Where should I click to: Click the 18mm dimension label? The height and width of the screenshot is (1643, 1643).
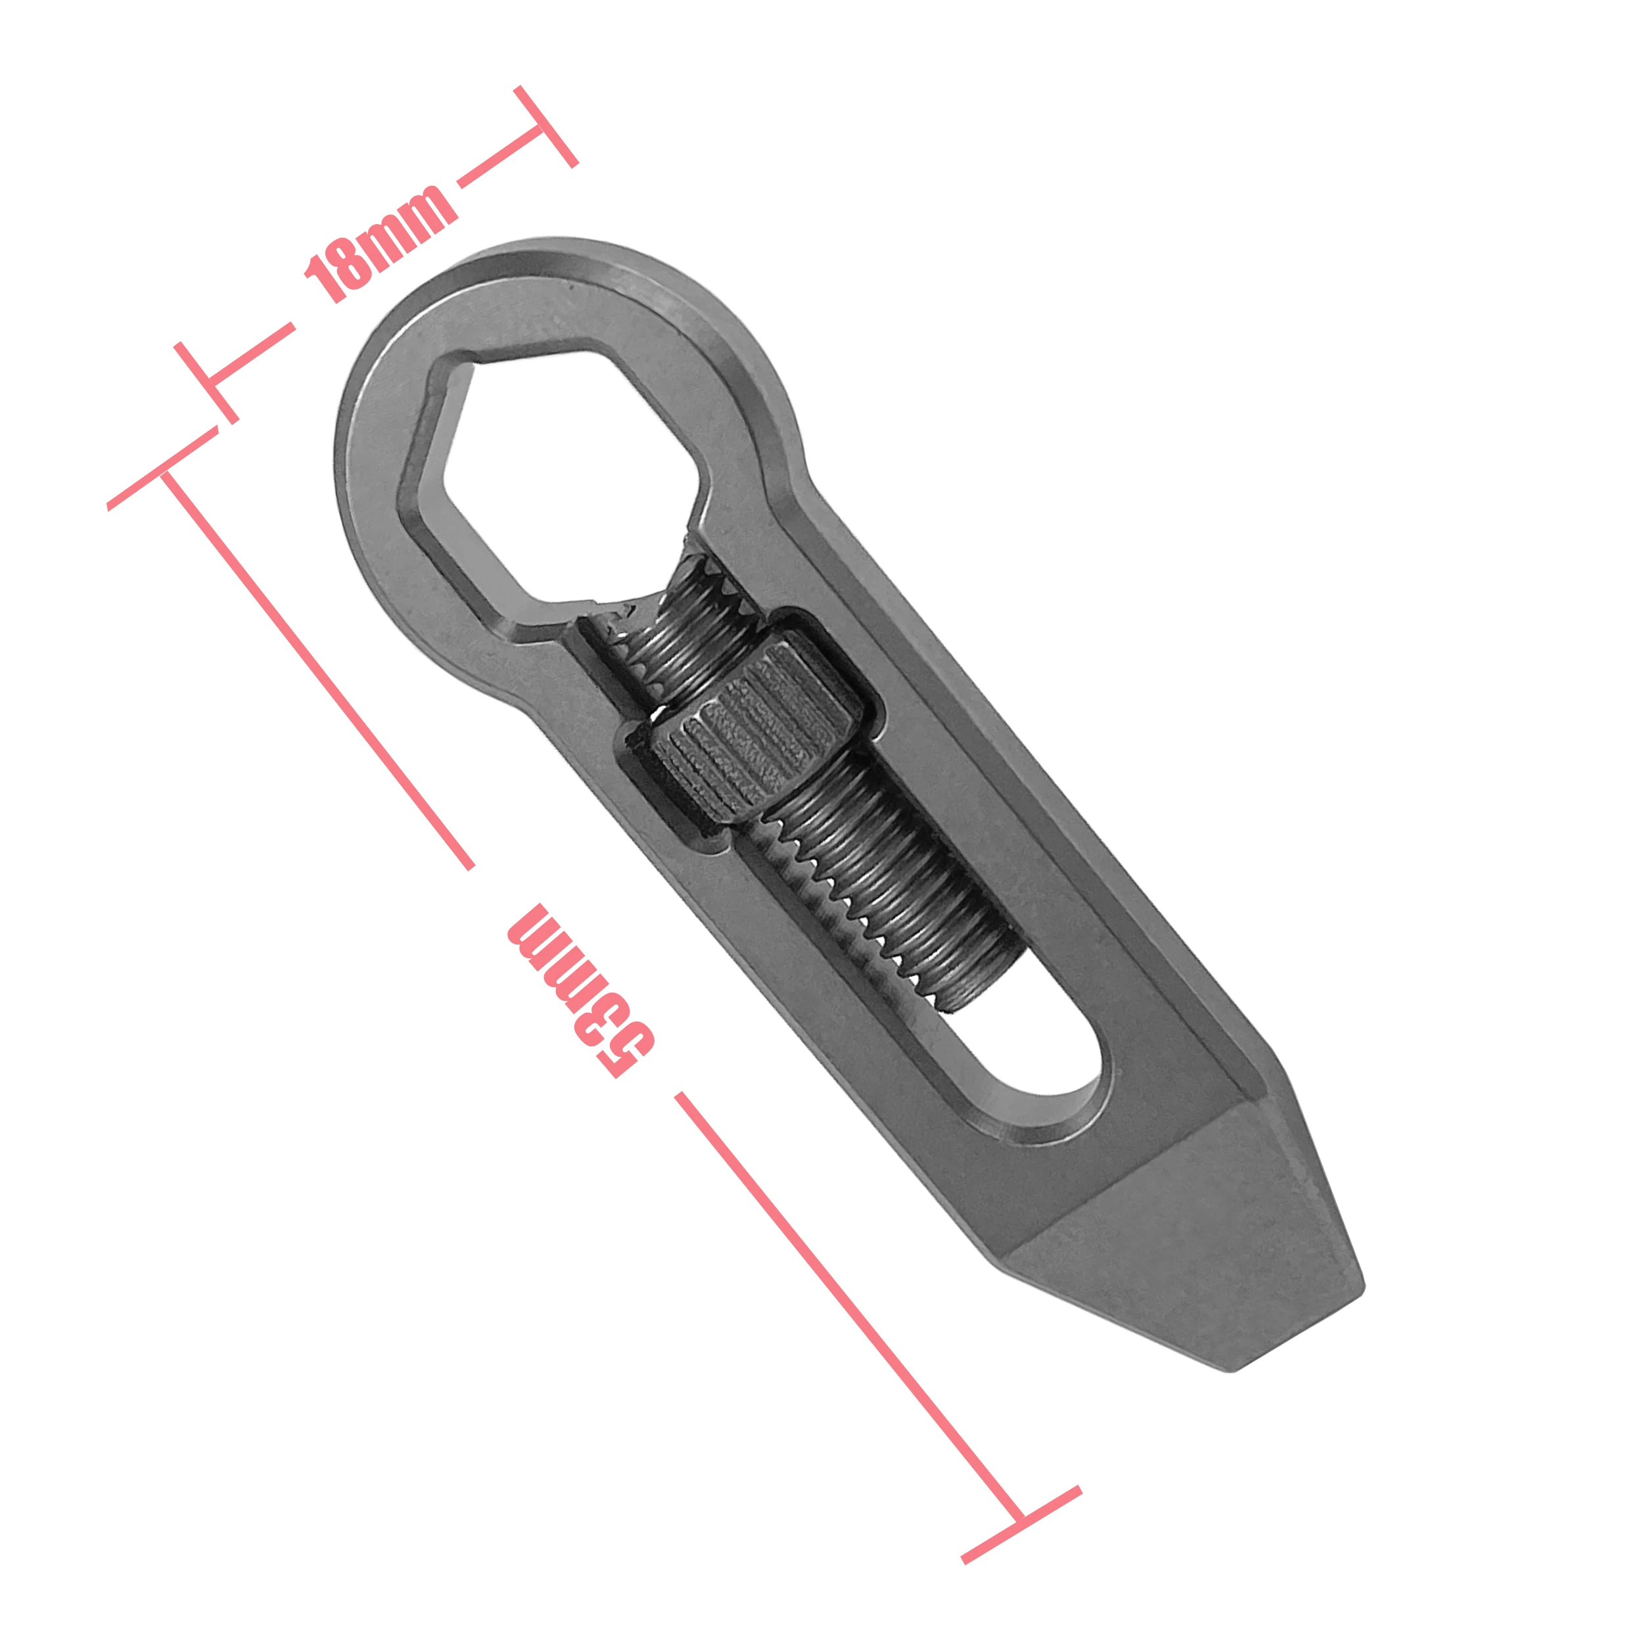pos(380,243)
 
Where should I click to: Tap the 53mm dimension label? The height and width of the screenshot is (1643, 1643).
pos(581,991)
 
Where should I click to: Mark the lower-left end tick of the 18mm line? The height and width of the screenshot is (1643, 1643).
pos(206,382)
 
